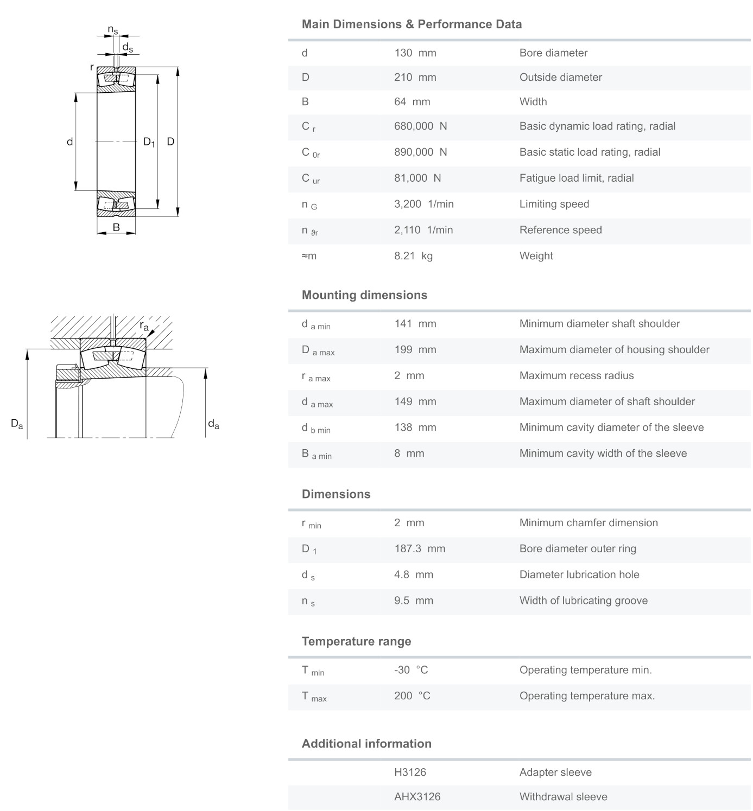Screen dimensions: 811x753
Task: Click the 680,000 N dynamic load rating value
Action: [x=420, y=126]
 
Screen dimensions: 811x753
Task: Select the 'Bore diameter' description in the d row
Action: [x=553, y=53]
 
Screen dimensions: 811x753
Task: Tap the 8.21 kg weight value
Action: [x=413, y=256]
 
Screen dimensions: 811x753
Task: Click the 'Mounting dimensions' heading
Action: [x=364, y=295]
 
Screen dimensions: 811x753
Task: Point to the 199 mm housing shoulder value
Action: [x=415, y=350]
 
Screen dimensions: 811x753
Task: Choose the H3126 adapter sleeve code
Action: [x=410, y=772]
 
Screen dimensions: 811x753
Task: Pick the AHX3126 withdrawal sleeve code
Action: [x=417, y=797]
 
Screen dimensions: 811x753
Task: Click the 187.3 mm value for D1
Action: [x=419, y=549]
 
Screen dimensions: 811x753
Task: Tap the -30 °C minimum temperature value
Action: [x=411, y=670]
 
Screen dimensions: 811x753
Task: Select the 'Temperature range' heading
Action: [x=356, y=642]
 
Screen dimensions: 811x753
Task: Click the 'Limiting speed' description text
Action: [x=554, y=205]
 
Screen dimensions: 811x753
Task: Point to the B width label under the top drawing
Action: [x=116, y=228]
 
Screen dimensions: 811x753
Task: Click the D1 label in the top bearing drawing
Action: [x=149, y=142]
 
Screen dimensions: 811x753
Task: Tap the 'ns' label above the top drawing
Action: [x=112, y=30]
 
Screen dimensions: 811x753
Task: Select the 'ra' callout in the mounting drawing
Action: [x=144, y=326]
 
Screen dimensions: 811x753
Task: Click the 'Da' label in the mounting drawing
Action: [x=17, y=424]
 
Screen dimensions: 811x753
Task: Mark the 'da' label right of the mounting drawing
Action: [x=213, y=424]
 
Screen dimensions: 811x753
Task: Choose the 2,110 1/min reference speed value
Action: [x=423, y=231]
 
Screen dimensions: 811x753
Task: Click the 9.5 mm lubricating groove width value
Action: [x=413, y=601]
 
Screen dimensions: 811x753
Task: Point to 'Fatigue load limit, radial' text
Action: [x=576, y=178]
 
